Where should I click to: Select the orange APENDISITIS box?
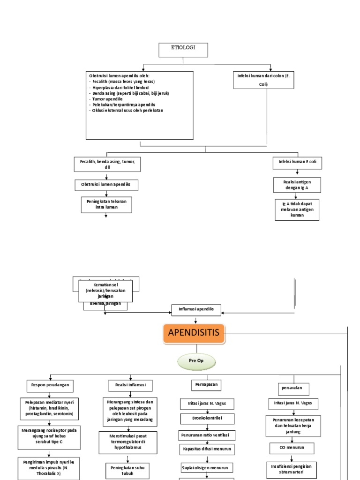pos(195,334)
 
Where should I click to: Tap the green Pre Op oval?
pos(196,361)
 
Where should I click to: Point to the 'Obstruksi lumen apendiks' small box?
pos(107,185)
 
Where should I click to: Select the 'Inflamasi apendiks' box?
pos(196,309)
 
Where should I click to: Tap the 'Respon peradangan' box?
pos(50,385)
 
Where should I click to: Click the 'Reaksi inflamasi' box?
pos(131,385)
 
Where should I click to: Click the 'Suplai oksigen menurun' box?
pos(207,467)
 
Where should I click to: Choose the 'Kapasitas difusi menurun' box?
pos(207,450)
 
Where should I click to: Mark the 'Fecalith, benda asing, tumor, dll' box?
pos(107,164)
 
